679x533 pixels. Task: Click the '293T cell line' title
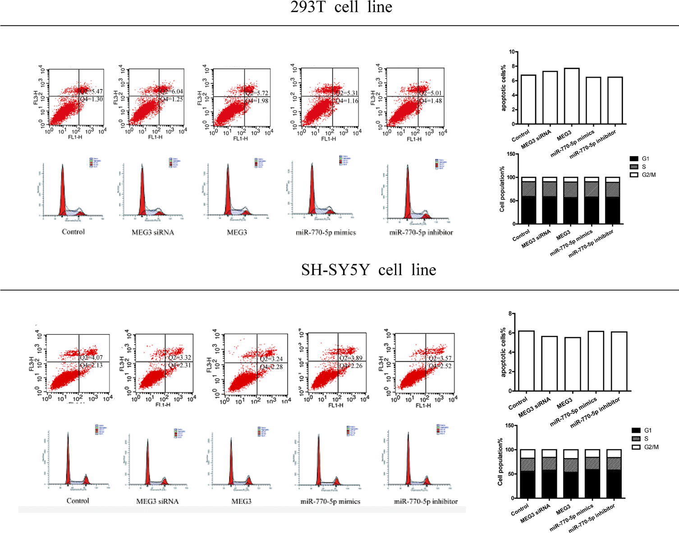(x=341, y=7)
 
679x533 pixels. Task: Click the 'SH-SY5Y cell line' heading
(x=368, y=270)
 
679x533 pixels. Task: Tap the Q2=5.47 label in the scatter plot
(x=92, y=92)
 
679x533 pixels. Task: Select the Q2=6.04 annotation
(x=172, y=92)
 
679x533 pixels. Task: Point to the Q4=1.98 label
(x=257, y=101)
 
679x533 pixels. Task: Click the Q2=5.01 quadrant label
(x=431, y=93)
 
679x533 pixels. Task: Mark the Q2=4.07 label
(x=92, y=357)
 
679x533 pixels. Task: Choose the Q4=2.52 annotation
(x=440, y=366)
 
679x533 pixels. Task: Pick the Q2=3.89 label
(x=351, y=358)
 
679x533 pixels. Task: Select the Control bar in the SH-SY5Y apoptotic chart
(x=527, y=361)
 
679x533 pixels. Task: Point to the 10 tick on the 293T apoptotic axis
(x=512, y=52)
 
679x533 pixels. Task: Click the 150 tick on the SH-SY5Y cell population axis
(x=509, y=425)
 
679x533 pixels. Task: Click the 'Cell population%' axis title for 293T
(x=502, y=189)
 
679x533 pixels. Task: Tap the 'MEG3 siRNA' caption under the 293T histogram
(x=153, y=232)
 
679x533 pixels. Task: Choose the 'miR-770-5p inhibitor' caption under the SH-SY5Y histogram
(x=426, y=501)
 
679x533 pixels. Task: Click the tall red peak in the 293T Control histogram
(x=63, y=190)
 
